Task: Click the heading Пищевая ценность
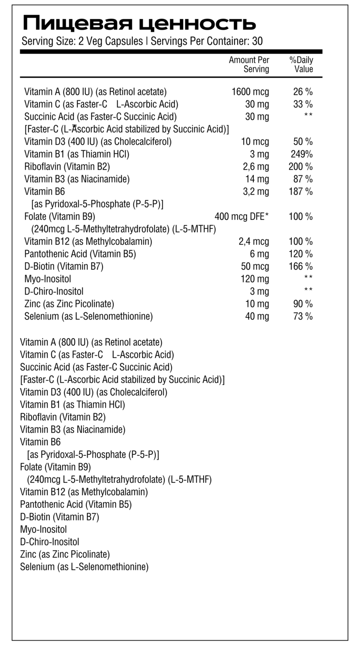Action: (x=139, y=22)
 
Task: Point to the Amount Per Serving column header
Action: (x=249, y=64)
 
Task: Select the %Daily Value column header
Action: (x=301, y=64)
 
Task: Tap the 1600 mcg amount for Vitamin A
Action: (x=250, y=92)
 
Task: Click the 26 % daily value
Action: (x=303, y=92)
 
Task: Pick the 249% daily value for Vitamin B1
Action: (x=301, y=155)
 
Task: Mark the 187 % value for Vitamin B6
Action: (x=301, y=192)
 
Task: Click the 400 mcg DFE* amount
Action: (x=242, y=217)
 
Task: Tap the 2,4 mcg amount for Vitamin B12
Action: (x=254, y=242)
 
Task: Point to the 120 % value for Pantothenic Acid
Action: (x=301, y=254)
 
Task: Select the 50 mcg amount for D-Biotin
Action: (x=255, y=267)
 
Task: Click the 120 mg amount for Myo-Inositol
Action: (x=255, y=279)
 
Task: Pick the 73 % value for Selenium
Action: (x=303, y=316)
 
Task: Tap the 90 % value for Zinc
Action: (x=303, y=304)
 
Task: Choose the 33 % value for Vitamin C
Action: (x=303, y=104)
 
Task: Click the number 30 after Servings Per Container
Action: (x=257, y=41)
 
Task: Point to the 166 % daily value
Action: (x=301, y=267)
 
